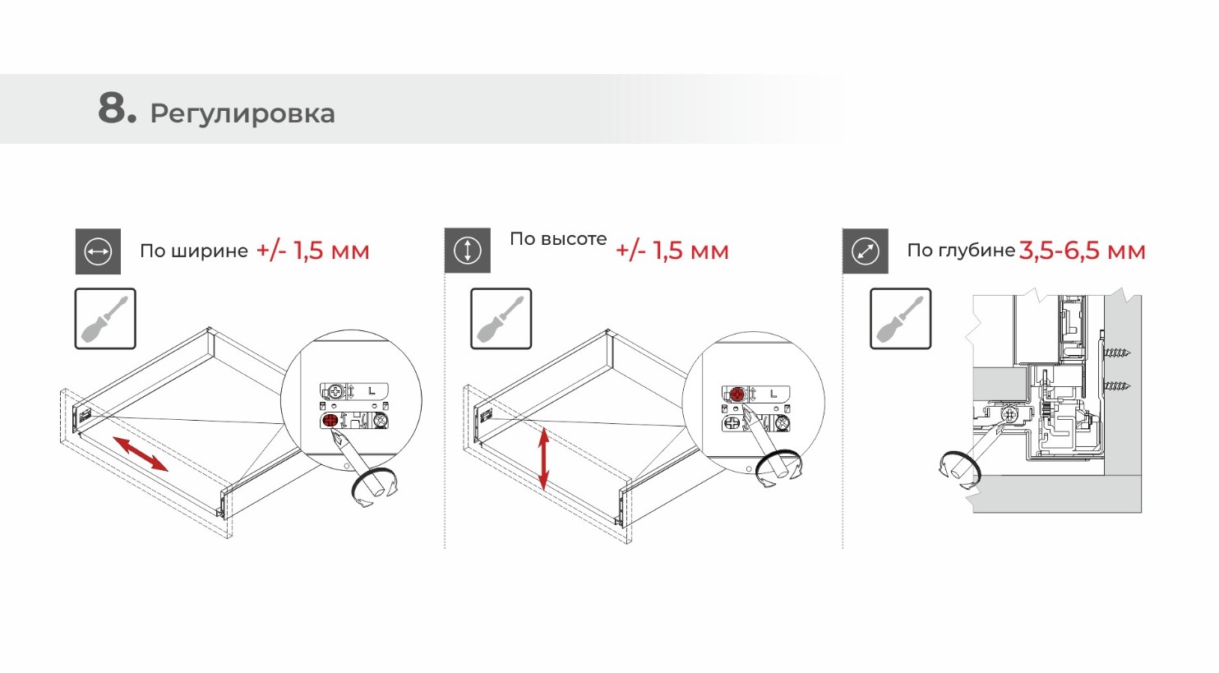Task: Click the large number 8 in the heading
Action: [112, 108]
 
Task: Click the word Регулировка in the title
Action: [242, 113]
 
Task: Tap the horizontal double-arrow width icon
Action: [98, 251]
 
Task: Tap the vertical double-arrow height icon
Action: [468, 251]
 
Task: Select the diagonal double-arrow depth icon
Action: [866, 251]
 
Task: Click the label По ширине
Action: [194, 251]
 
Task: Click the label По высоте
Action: [558, 239]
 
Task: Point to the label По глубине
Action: [961, 251]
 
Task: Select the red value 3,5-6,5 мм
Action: [1083, 251]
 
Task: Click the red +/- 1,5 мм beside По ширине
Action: [313, 251]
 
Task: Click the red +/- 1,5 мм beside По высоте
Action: [672, 251]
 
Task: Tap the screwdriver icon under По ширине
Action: [105, 319]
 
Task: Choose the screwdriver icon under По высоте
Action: [501, 319]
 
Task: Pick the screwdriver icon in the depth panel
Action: [901, 319]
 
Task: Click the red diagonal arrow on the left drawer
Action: [141, 454]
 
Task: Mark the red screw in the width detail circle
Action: [330, 421]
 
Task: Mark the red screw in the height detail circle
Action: [738, 394]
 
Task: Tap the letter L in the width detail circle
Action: [372, 390]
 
